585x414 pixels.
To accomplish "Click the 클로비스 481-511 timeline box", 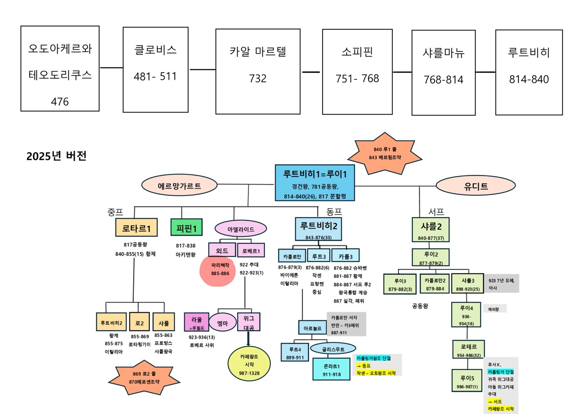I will click(x=155, y=70).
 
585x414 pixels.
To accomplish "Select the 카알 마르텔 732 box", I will click(x=258, y=72).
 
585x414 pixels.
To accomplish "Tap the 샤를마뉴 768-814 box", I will click(x=443, y=72).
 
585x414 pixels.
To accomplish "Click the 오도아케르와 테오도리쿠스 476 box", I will click(x=60, y=68).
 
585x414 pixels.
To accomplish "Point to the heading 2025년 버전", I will click(x=56, y=156).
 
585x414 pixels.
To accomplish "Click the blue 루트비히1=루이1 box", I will click(x=314, y=183).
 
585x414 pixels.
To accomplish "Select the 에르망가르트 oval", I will click(x=179, y=186).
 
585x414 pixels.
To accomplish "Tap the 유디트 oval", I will click(x=475, y=186).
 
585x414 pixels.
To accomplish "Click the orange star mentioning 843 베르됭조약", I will click(x=384, y=153).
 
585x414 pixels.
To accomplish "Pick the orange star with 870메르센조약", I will click(x=144, y=378).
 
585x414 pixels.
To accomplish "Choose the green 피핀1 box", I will click(x=186, y=228).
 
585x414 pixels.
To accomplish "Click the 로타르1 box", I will click(x=136, y=228).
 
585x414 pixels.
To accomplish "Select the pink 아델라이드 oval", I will click(x=240, y=229).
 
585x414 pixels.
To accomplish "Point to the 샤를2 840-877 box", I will click(x=431, y=230).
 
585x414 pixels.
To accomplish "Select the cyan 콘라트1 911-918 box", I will click(x=331, y=369).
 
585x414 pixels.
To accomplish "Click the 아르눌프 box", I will click(x=312, y=328).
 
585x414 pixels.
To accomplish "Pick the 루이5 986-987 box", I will click(x=466, y=381).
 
